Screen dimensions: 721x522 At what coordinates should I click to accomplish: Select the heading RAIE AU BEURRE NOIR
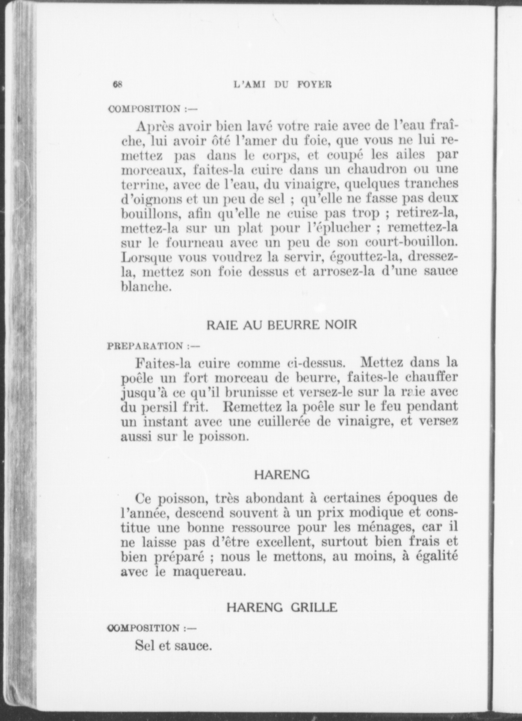282,325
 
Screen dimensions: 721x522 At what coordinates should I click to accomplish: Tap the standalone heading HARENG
282,475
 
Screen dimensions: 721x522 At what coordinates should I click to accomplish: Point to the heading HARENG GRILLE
282,607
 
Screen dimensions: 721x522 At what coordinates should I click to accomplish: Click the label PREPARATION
146,346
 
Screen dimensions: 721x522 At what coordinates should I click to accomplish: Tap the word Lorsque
147,258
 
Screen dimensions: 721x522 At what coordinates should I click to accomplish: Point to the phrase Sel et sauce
173,645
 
